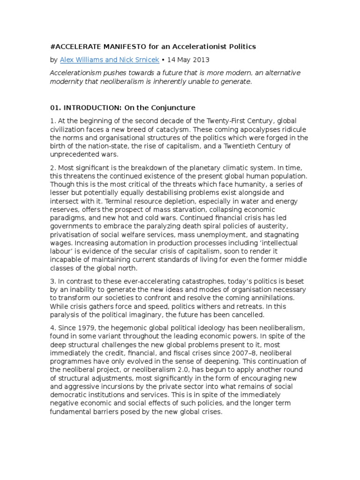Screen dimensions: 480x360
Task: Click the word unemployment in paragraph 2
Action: [x=202, y=234]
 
